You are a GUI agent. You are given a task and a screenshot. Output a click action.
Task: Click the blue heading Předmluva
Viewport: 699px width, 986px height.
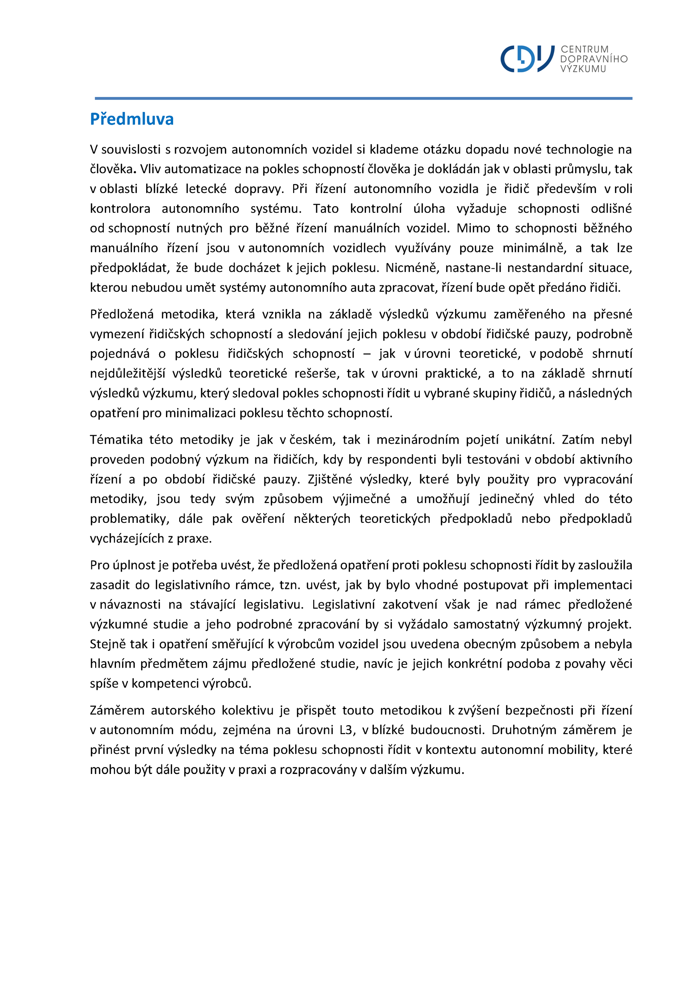coord(132,119)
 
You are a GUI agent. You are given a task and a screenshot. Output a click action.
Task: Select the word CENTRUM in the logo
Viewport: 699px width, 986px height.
coord(584,50)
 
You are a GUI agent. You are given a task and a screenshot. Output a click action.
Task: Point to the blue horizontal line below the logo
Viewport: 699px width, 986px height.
coord(363,98)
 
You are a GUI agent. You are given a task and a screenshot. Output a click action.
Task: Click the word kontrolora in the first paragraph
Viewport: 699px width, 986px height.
coord(120,209)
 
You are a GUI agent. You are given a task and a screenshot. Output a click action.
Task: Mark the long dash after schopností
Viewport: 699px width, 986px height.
coord(367,354)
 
